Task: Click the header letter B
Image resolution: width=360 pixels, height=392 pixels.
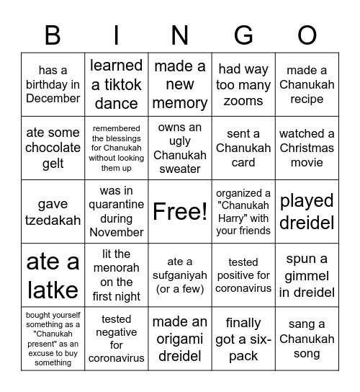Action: (x=53, y=35)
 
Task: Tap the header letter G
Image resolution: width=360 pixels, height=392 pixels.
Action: (x=243, y=35)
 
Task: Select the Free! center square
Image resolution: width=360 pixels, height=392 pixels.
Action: (x=180, y=211)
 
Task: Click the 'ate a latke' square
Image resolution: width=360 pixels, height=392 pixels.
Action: (x=53, y=275)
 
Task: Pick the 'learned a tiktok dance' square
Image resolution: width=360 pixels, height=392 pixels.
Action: (x=116, y=84)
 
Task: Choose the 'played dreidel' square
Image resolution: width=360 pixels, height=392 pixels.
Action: (x=307, y=211)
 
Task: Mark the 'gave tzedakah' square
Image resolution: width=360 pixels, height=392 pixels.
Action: (x=53, y=211)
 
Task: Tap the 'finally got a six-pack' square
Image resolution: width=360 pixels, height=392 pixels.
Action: (x=243, y=338)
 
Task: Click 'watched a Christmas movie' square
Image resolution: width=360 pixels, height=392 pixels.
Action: (x=307, y=148)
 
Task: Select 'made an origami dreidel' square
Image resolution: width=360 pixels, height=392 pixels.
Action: (x=180, y=338)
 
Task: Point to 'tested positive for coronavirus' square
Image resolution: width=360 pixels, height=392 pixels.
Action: (x=243, y=275)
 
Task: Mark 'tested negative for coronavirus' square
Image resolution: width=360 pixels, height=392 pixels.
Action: (x=116, y=338)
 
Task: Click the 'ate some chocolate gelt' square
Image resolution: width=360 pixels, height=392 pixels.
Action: (x=53, y=148)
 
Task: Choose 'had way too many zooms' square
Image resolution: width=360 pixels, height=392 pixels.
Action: (x=243, y=84)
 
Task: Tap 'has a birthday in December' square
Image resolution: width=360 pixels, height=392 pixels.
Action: (x=53, y=84)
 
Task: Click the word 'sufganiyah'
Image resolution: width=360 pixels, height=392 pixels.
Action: (x=180, y=275)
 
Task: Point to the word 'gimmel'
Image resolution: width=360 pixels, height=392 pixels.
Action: (x=307, y=276)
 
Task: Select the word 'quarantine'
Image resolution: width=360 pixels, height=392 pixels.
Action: (x=117, y=205)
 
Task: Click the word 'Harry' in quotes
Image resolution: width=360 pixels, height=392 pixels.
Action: (x=232, y=218)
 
